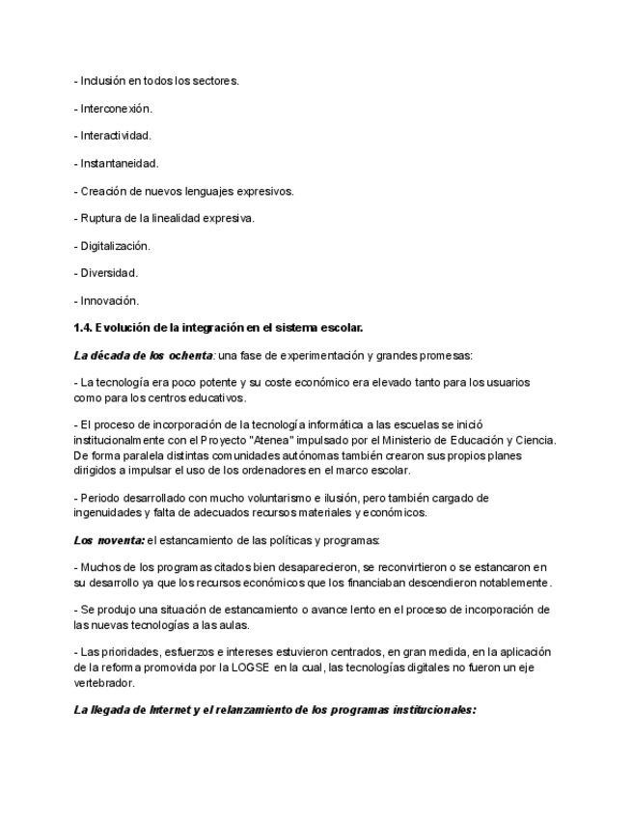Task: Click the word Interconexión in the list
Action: pyautogui.click(x=116, y=109)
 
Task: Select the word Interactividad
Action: pyautogui.click(x=116, y=136)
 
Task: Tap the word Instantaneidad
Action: pyautogui.click(x=120, y=164)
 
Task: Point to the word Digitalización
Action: pyautogui.click(x=116, y=246)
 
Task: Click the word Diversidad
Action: pyautogui.click(x=109, y=273)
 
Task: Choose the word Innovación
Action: pyautogui.click(x=110, y=300)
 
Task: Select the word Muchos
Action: pyautogui.click(x=102, y=567)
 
